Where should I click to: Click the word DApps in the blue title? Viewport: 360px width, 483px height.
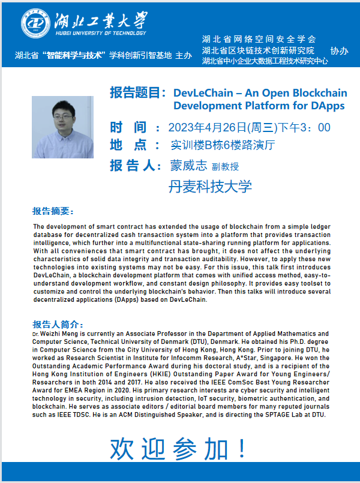[x=328, y=106]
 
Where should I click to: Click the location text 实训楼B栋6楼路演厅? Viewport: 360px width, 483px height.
[x=223, y=145]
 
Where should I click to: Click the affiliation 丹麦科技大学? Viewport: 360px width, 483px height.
[x=210, y=186]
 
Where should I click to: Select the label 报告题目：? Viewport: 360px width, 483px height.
[x=138, y=93]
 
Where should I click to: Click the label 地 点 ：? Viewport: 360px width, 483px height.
[x=134, y=145]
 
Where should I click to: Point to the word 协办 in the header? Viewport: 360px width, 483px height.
[x=339, y=50]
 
